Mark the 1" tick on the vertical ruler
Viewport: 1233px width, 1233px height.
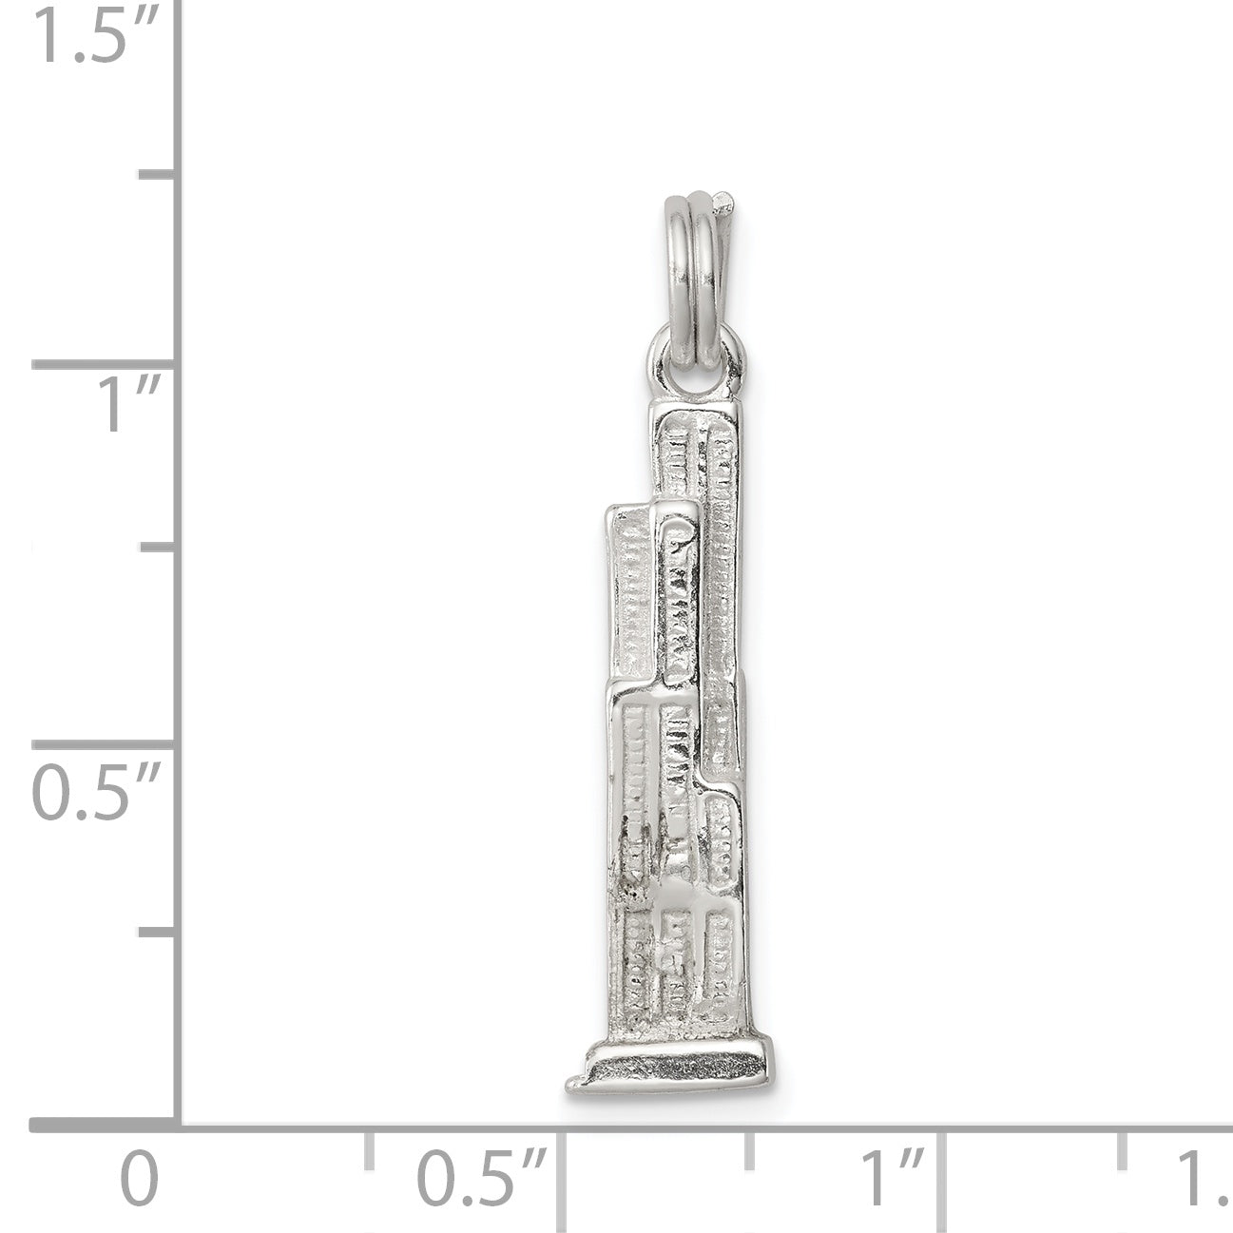coord(105,365)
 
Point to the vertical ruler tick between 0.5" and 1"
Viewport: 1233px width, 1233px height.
coord(158,549)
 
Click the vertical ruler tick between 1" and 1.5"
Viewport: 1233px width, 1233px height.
coord(158,175)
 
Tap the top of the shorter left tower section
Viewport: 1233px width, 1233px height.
coord(652,514)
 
